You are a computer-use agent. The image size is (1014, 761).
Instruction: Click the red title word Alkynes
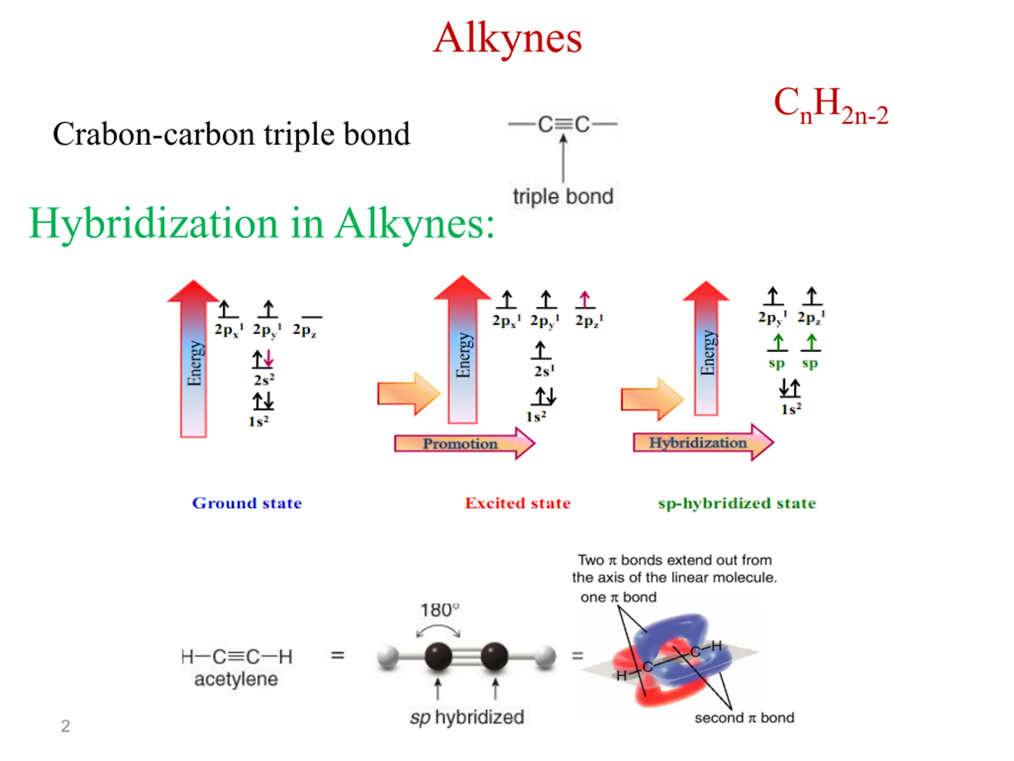coord(507,38)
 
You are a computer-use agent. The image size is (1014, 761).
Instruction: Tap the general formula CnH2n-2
coord(831,105)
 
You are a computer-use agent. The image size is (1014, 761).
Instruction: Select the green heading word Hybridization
coord(154,224)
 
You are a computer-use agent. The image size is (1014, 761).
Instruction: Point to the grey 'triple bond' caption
coord(563,197)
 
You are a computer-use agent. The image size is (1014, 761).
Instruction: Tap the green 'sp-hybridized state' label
coord(737,503)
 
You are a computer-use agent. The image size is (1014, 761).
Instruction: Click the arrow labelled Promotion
coord(464,443)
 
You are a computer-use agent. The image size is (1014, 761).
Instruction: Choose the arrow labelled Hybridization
coord(703,442)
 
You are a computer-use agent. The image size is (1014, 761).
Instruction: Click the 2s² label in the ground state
coord(264,380)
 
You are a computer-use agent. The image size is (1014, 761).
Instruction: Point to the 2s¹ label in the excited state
coord(544,371)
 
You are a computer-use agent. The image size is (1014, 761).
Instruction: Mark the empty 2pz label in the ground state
coord(304,330)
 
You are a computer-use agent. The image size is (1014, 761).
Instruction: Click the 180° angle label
coord(439,610)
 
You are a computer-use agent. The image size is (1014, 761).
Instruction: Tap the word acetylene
coord(236,679)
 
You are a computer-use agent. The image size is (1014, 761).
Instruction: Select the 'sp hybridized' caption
coord(467,717)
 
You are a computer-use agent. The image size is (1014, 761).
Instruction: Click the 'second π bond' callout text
coord(744,717)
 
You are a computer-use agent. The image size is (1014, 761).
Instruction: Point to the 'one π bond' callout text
coord(618,597)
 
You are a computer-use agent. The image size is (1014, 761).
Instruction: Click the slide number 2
coord(65,726)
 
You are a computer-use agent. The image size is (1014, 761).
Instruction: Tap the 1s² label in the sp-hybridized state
coord(791,409)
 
